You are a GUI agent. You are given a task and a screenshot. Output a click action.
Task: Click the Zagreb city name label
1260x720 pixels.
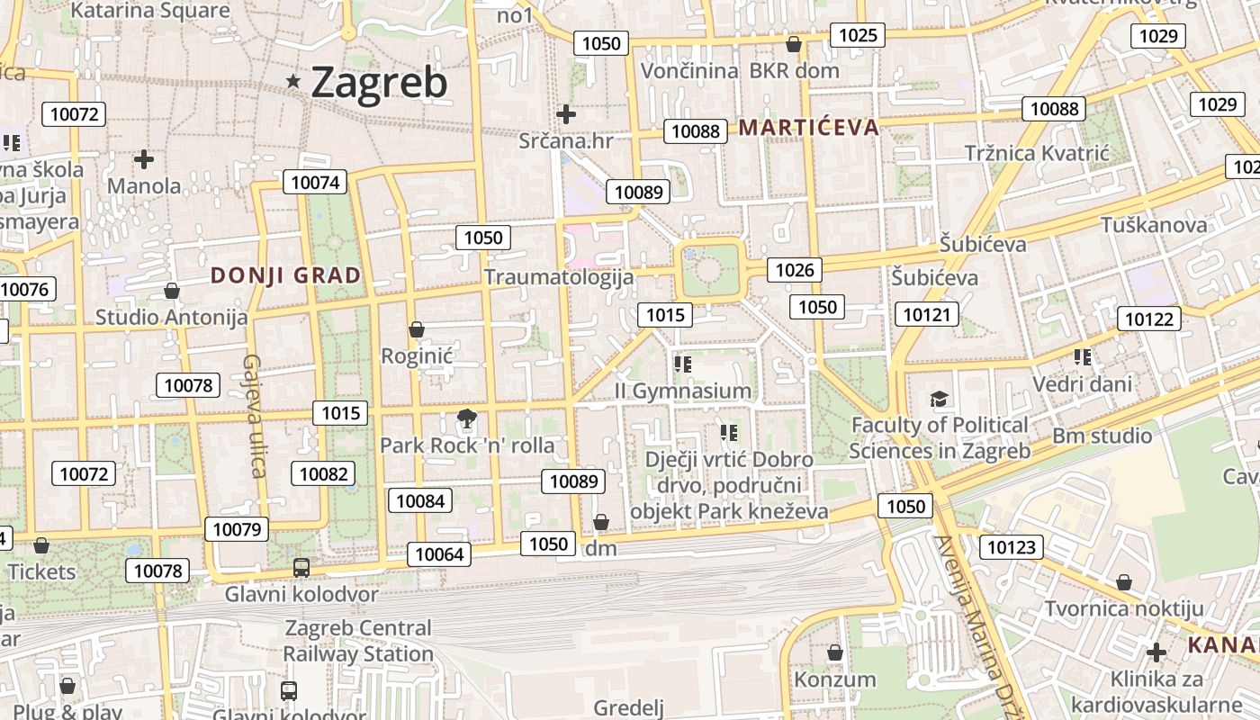[379, 83]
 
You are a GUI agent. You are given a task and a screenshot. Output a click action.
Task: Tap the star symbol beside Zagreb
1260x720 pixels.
[293, 81]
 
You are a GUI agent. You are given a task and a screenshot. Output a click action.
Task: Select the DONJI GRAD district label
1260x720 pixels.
[285, 275]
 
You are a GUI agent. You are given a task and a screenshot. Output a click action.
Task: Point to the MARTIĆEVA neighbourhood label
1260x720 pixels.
[808, 127]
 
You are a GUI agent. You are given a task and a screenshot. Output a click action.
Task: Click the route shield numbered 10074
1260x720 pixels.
[315, 183]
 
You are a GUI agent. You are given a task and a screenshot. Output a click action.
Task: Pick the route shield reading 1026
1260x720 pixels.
[794, 270]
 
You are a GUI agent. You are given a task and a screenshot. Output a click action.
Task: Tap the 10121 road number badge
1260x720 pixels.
[926, 314]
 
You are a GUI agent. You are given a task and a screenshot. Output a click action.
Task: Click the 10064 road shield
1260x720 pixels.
[439, 553]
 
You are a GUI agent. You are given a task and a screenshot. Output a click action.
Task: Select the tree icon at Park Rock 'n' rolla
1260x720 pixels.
[466, 418]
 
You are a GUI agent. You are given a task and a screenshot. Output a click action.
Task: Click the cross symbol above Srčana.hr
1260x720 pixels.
[565, 114]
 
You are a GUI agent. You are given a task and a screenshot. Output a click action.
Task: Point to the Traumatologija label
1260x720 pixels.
[559, 276]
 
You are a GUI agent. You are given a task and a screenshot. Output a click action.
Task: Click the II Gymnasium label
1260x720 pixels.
[682, 391]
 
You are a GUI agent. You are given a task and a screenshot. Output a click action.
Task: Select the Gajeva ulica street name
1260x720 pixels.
[253, 415]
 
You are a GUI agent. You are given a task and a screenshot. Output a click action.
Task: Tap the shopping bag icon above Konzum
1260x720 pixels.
[834, 652]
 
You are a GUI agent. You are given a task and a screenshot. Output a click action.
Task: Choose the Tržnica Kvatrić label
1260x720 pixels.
[1037, 153]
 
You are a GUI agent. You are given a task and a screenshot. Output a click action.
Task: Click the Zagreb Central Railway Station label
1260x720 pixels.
[358, 641]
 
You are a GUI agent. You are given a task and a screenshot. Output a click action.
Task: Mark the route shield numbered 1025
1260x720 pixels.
[857, 35]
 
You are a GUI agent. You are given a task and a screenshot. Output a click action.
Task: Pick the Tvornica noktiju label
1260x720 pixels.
[1123, 608]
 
